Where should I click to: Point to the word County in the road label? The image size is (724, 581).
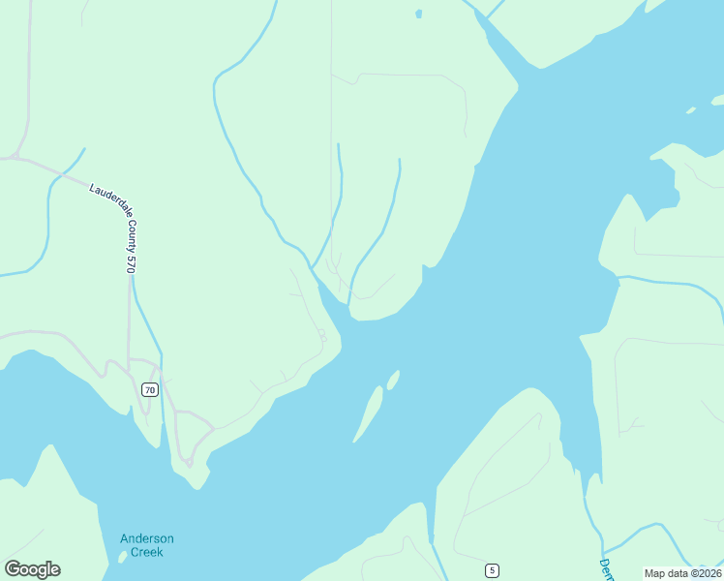tap(123, 231)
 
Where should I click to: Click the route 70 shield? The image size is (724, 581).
tap(149, 389)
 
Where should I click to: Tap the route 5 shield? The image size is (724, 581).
tap(493, 570)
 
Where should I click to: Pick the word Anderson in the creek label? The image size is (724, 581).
tap(147, 538)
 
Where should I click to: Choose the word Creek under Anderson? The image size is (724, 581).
tap(147, 552)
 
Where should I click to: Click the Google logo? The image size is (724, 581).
tap(32, 569)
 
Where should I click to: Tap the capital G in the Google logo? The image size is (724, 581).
tap(13, 568)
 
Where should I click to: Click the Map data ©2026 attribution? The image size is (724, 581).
tap(681, 573)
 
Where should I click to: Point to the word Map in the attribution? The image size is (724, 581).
tap(654, 573)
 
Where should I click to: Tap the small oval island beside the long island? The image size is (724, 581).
tap(393, 380)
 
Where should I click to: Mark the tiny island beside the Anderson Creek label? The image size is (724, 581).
tap(122, 557)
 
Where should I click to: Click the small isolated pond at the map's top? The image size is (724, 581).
tap(418, 14)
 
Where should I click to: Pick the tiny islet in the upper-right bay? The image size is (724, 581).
tap(690, 110)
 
